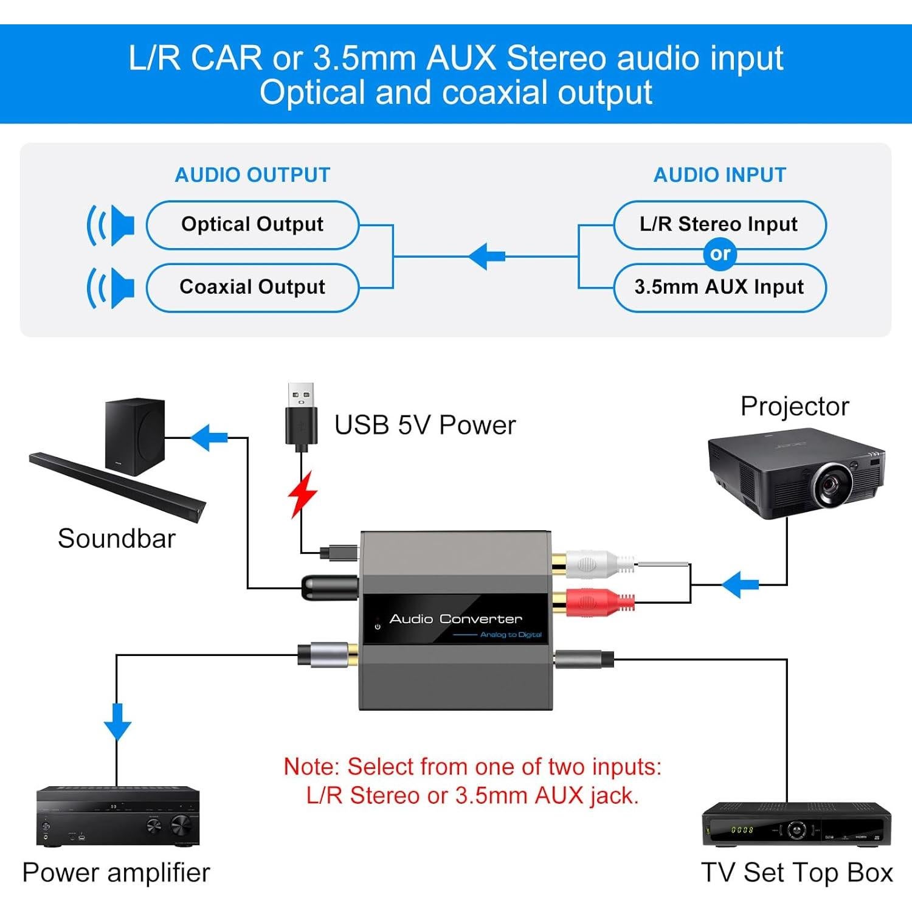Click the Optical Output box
click(252, 225)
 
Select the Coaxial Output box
click(252, 288)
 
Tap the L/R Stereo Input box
click(719, 224)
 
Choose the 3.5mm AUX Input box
click(719, 288)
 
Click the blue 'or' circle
click(720, 254)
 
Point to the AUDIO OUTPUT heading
click(252, 175)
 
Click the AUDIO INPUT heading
click(720, 175)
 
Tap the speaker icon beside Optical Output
click(111, 225)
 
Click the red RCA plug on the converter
click(593, 603)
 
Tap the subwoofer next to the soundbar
click(134, 437)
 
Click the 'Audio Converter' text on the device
click(455, 619)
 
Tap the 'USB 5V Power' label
click(425, 425)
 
